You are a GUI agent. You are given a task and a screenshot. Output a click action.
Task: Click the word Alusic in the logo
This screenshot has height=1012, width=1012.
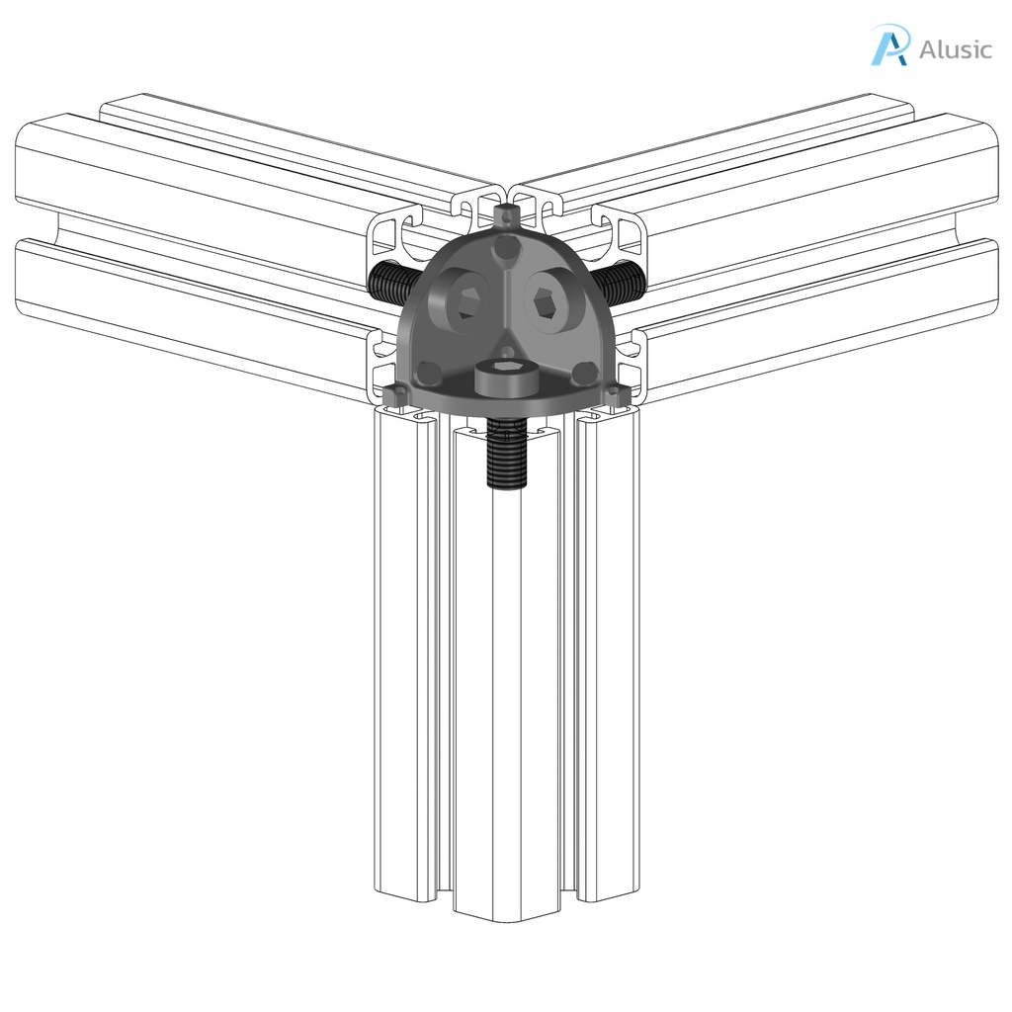[955, 48]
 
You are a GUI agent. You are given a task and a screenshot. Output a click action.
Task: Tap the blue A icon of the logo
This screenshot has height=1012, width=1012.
[888, 45]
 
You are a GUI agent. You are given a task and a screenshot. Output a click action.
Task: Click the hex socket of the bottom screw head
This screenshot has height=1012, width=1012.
[505, 375]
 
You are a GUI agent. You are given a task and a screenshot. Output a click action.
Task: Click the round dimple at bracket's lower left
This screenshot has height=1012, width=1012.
[429, 373]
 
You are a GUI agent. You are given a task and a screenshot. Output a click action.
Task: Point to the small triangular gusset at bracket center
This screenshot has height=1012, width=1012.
[505, 347]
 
